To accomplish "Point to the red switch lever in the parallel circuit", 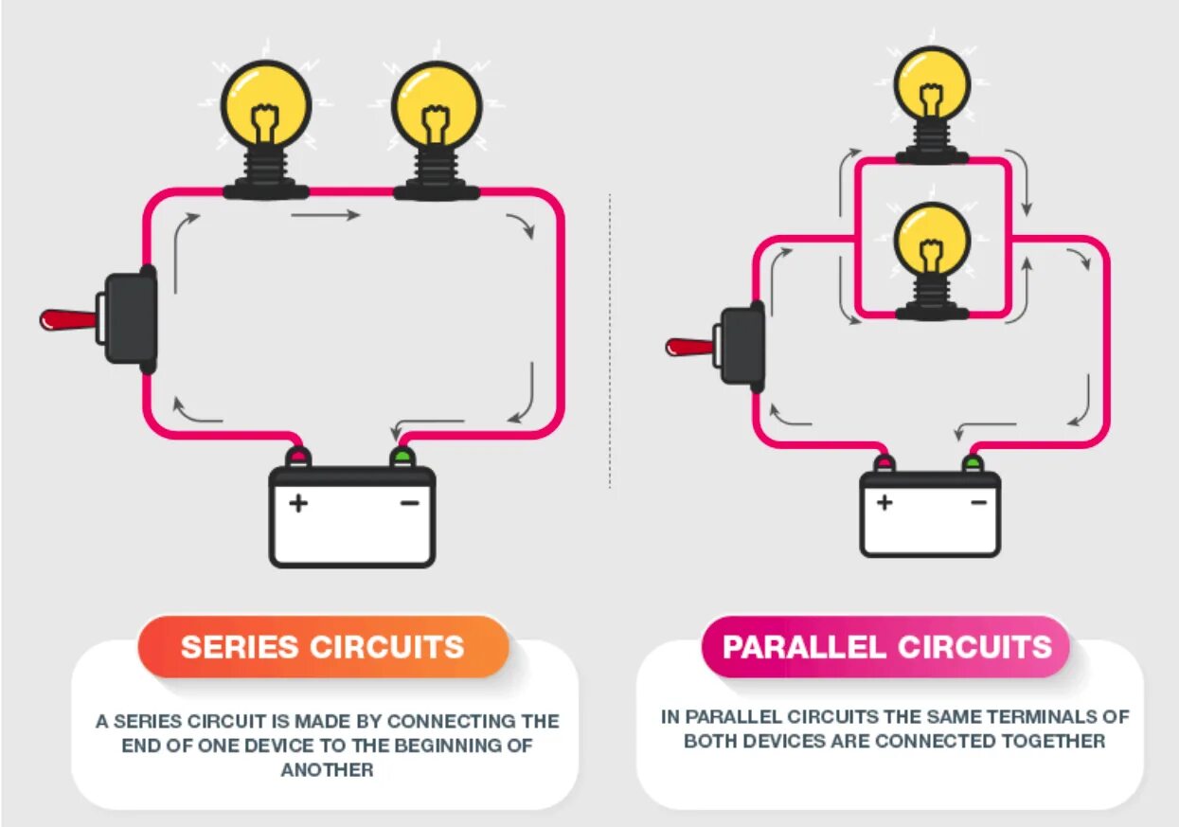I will [688, 346].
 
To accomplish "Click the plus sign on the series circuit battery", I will [298, 503].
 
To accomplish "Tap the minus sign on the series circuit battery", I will [409, 503].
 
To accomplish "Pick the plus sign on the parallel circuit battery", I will [884, 502].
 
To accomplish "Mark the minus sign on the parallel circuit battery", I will [978, 502].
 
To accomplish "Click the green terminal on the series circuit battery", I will [402, 458].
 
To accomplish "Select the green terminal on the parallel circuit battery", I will [973, 463].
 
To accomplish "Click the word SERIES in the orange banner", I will [241, 647].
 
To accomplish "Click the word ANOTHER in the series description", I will [327, 770].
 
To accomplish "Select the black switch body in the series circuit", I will [130, 319].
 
